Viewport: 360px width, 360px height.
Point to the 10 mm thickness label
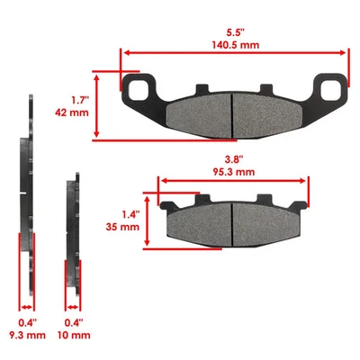click(74, 335)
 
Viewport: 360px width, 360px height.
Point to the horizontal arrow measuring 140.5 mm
click(233, 52)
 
